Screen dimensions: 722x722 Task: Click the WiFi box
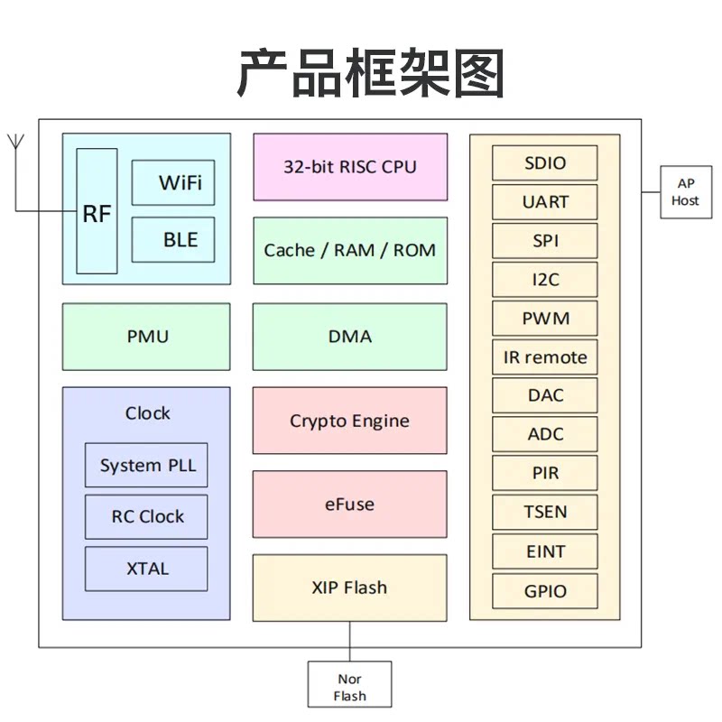click(x=173, y=183)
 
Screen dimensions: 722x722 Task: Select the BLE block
click(x=173, y=240)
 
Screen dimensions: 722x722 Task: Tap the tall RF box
click(x=97, y=212)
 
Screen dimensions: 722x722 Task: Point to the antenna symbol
click(x=15, y=143)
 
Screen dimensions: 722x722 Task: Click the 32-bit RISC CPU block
click(x=350, y=167)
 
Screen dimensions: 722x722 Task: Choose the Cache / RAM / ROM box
click(x=350, y=250)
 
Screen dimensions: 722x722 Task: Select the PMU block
click(x=146, y=337)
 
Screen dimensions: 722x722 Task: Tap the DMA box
click(x=350, y=337)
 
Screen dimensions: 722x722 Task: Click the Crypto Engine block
click(x=350, y=421)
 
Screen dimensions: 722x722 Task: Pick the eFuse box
click(x=350, y=504)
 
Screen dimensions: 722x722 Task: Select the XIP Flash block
click(x=350, y=588)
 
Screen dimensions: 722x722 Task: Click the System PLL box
click(x=146, y=466)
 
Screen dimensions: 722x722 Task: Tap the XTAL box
click(x=146, y=569)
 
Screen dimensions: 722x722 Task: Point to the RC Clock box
click(x=146, y=517)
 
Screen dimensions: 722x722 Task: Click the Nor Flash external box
click(x=350, y=685)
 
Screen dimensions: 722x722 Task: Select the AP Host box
click(x=685, y=191)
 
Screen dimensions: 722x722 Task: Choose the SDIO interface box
click(x=545, y=163)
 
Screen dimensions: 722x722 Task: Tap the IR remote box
click(x=545, y=357)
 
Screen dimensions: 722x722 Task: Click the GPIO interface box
click(x=545, y=591)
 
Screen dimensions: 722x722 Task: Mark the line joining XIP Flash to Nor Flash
click(x=350, y=642)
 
